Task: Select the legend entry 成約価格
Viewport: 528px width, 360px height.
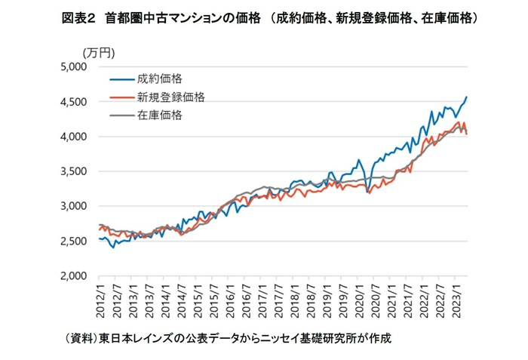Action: (x=160, y=78)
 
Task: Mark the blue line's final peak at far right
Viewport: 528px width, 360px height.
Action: (x=468, y=97)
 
